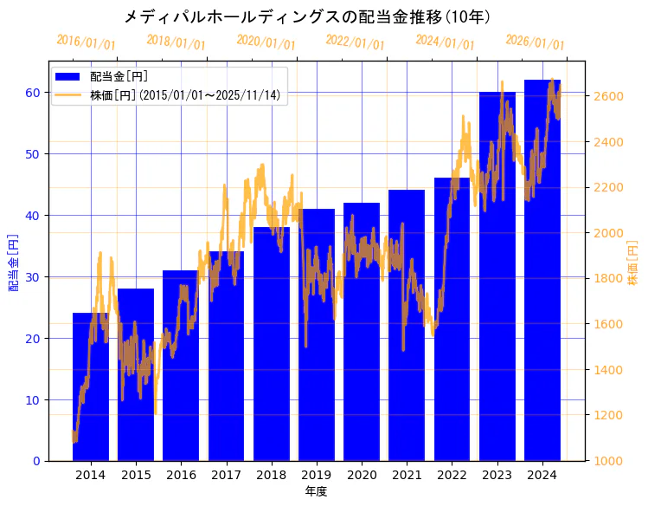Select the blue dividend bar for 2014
[91, 390]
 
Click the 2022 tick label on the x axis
[452, 475]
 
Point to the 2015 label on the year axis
[136, 475]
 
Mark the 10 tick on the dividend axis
[33, 399]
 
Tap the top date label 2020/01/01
[266, 42]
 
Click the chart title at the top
[307, 16]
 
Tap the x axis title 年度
[316, 491]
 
